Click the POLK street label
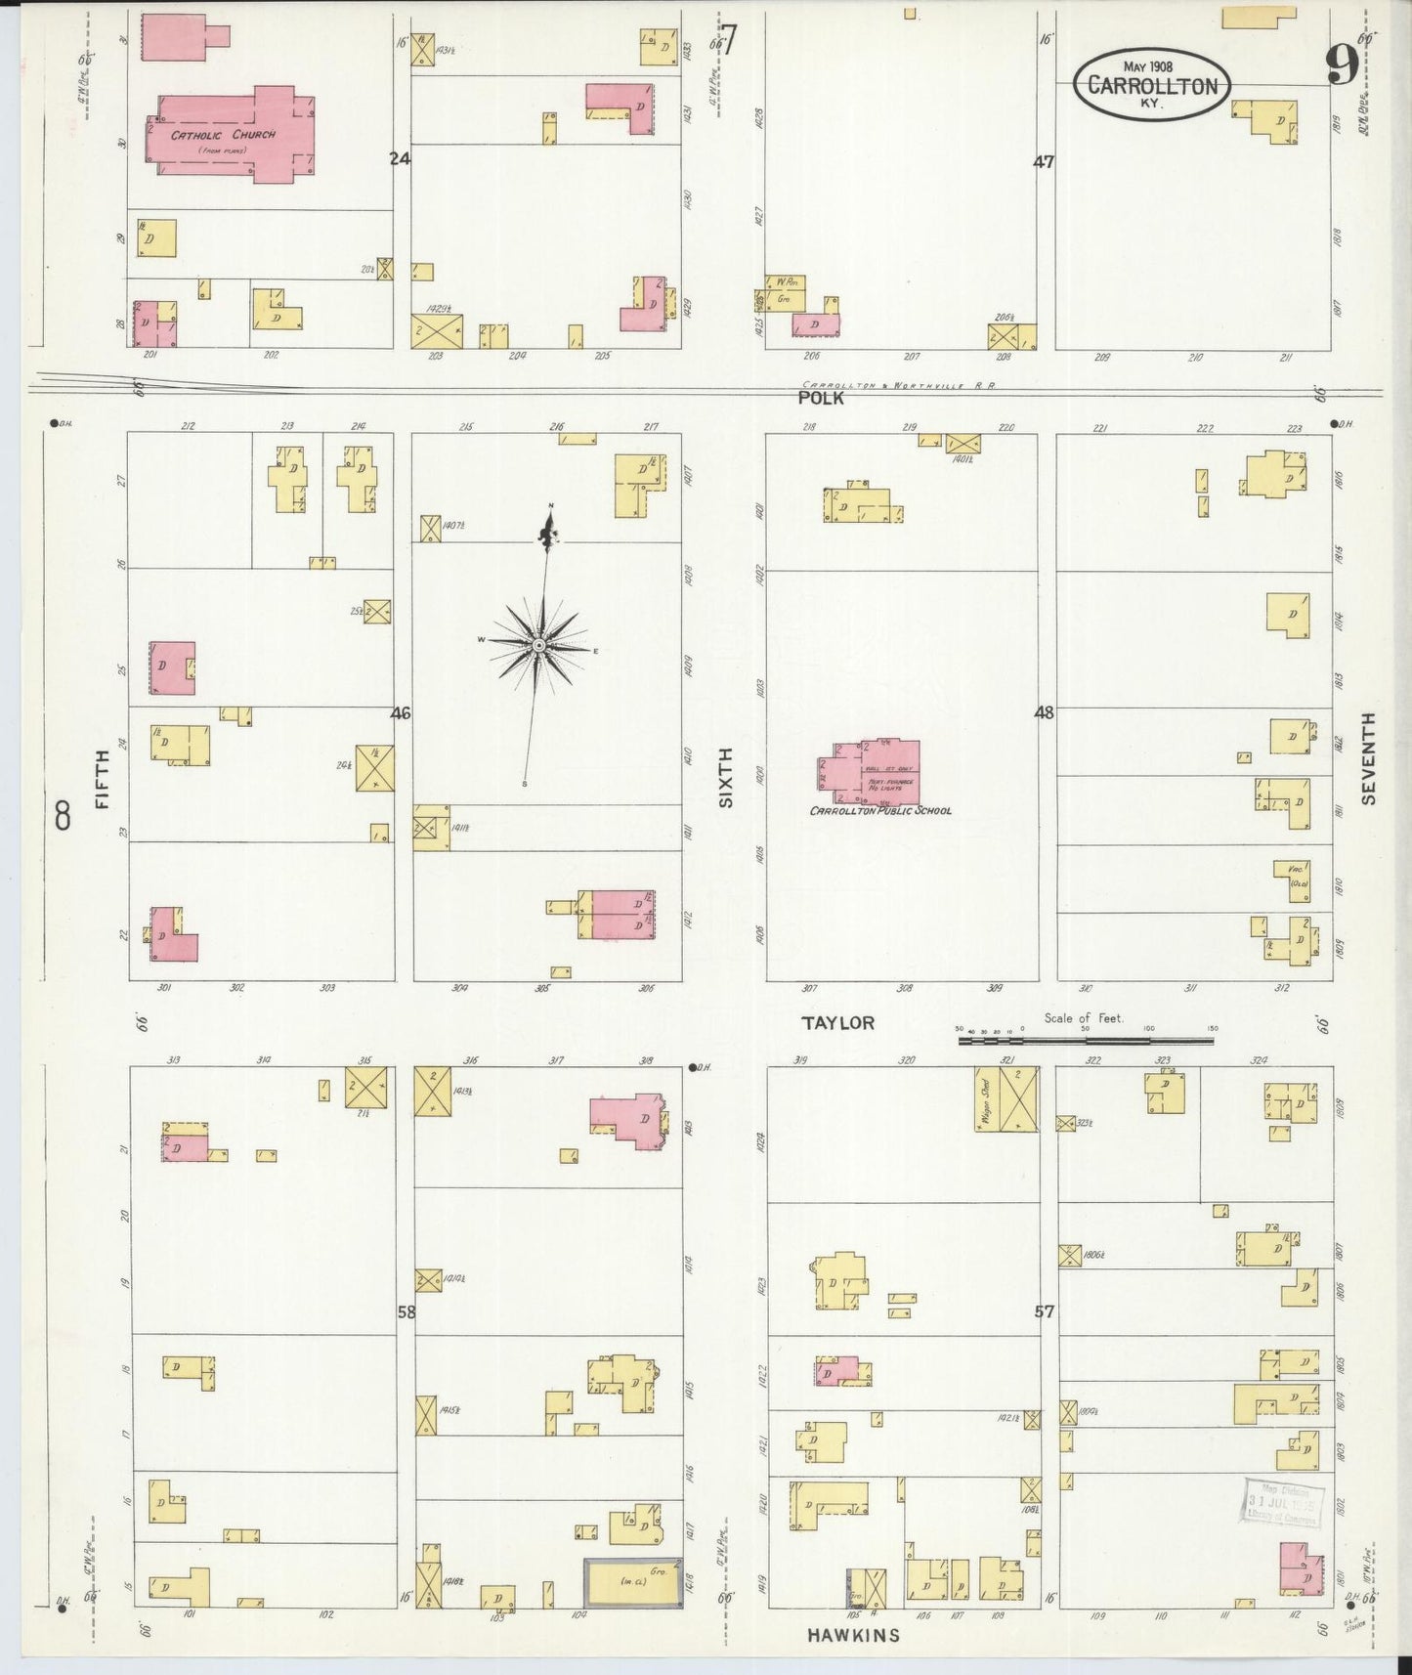pyautogui.click(x=821, y=398)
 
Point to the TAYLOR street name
pyautogui.click(x=837, y=1023)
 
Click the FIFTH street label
pyautogui.click(x=102, y=787)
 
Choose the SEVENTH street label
pyautogui.click(x=1367, y=758)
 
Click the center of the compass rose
pyautogui.click(x=538, y=647)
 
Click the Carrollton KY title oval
pyautogui.click(x=1152, y=84)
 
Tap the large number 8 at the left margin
pyautogui.click(x=64, y=815)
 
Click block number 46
pyautogui.click(x=401, y=713)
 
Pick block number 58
pyautogui.click(x=406, y=1311)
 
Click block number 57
pyautogui.click(x=1045, y=1311)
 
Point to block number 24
pyautogui.click(x=399, y=158)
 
